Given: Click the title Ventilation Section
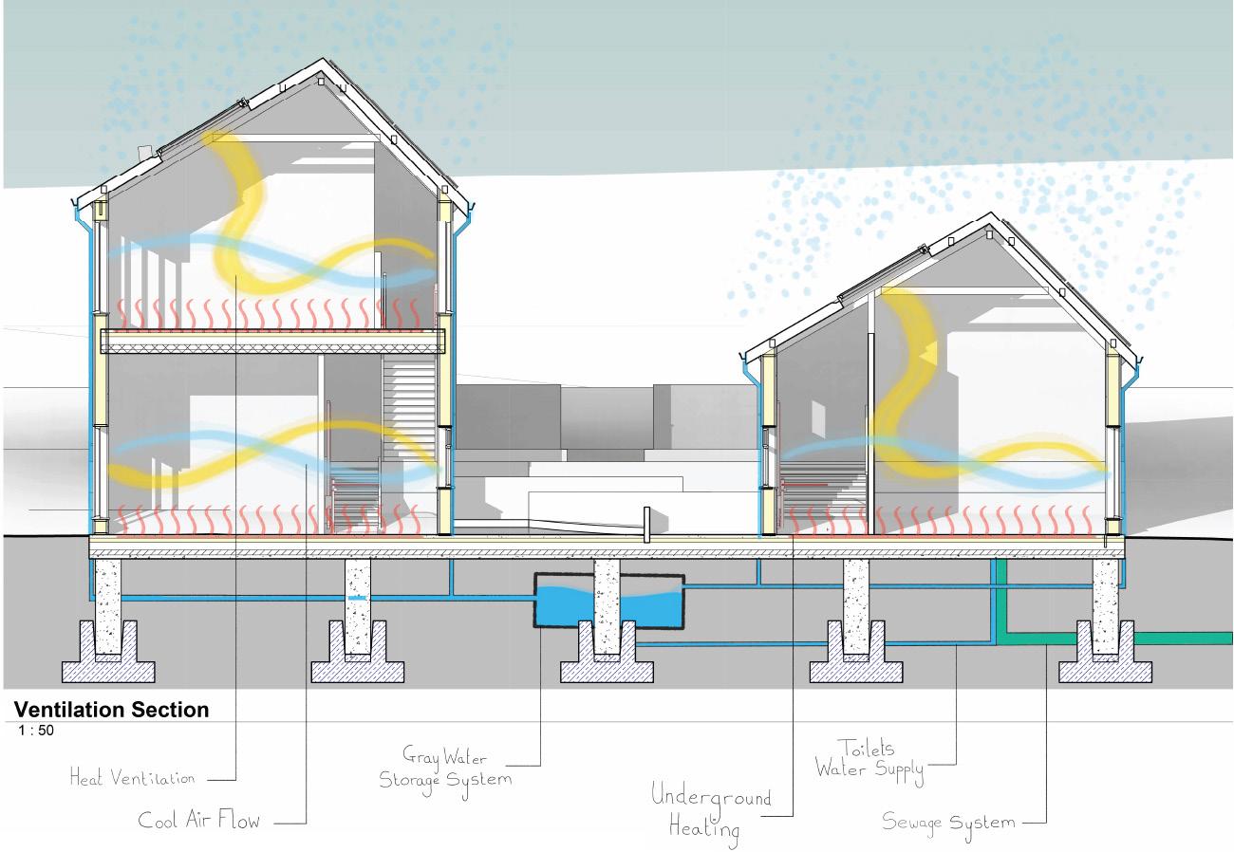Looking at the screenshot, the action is click(x=111, y=710).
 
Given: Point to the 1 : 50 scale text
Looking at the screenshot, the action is click(x=36, y=731).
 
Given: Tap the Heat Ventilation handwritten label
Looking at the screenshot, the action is click(x=132, y=779).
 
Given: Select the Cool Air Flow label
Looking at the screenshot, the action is click(x=198, y=820).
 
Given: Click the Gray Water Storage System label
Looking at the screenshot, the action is click(x=445, y=768).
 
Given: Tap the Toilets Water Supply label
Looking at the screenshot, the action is click(x=869, y=760).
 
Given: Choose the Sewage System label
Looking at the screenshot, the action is click(x=948, y=822).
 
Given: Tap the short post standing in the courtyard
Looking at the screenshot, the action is click(x=645, y=525).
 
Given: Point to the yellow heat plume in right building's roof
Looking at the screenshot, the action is click(x=911, y=342).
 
